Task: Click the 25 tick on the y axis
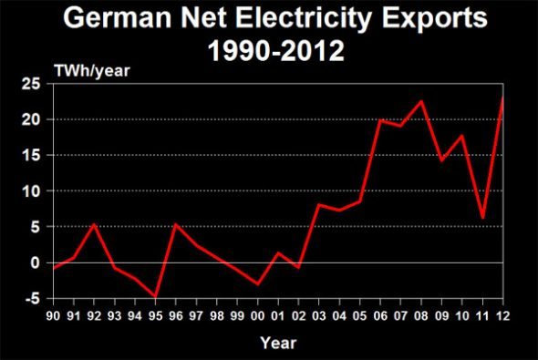pyautogui.click(x=35, y=84)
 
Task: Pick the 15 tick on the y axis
pyautogui.click(x=35, y=156)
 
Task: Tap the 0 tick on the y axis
pyautogui.click(x=38, y=263)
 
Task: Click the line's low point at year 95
pyautogui.click(x=156, y=297)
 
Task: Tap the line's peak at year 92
pyautogui.click(x=95, y=224)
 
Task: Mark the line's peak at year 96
pyautogui.click(x=176, y=224)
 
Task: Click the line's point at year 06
pyautogui.click(x=381, y=120)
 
